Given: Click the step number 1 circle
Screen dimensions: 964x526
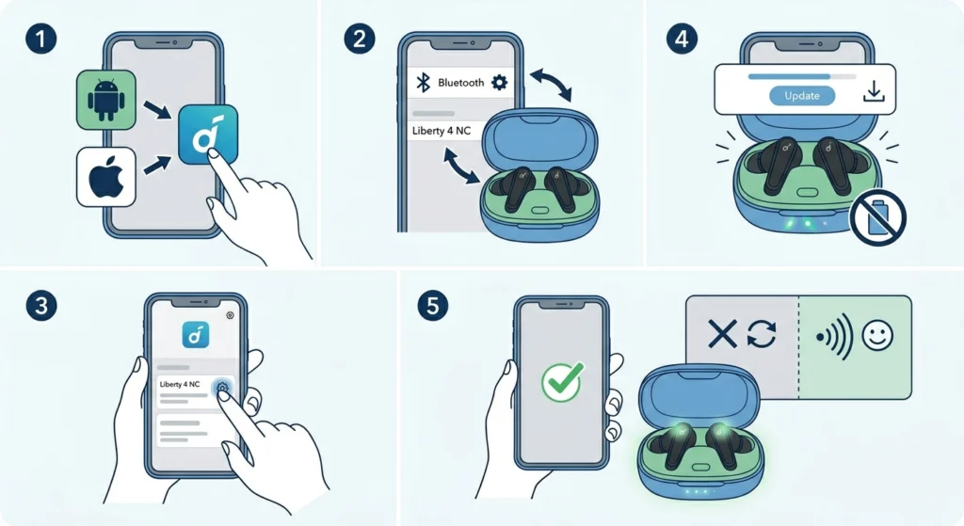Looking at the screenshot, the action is [x=41, y=39].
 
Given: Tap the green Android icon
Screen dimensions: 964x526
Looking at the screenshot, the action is [x=105, y=100].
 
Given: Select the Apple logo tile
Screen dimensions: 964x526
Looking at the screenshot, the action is [x=105, y=176].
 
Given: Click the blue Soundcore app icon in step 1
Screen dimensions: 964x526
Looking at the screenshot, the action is [x=208, y=135].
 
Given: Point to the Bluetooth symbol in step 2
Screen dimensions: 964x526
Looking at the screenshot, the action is [x=423, y=83].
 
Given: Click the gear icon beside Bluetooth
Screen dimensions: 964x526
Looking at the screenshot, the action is [x=499, y=83].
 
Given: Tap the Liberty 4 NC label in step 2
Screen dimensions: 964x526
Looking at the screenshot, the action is [x=442, y=131].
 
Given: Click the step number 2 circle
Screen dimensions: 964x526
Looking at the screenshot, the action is [x=360, y=39].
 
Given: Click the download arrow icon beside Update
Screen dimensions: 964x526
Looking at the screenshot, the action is [x=874, y=92].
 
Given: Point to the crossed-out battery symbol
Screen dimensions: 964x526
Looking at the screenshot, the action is [x=877, y=217].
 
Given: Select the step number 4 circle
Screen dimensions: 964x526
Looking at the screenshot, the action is [x=682, y=39].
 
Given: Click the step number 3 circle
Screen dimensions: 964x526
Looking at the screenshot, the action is [x=41, y=306].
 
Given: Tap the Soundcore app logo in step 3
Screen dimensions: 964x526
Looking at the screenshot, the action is [x=196, y=335].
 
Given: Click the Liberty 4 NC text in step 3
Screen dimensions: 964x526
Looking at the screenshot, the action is [x=180, y=384].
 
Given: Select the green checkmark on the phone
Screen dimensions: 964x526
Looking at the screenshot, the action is [x=563, y=382].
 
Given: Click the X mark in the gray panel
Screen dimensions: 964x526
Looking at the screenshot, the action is [x=722, y=334].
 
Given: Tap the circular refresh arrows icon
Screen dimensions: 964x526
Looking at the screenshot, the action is [x=762, y=334].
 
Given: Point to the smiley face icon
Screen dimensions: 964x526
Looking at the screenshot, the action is [x=877, y=336].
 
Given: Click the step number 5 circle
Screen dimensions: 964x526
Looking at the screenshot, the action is [x=433, y=306].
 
